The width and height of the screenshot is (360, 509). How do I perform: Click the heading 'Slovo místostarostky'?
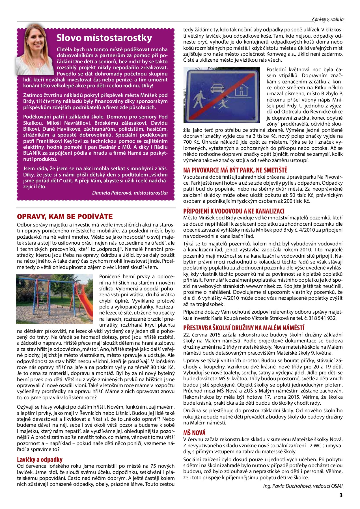coord(104,38)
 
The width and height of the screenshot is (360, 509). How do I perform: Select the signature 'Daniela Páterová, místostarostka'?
coord(130,193)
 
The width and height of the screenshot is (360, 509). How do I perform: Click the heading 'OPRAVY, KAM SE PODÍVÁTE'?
coord(65,217)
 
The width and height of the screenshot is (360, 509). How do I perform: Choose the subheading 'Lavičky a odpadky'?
coord(40,460)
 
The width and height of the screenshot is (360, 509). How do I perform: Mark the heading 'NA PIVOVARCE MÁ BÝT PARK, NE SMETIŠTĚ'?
coord(235,170)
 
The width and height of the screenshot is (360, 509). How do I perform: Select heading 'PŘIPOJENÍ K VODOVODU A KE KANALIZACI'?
coord(234,211)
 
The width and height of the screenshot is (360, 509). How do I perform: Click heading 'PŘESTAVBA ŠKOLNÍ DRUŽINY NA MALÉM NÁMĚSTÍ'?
coord(244,328)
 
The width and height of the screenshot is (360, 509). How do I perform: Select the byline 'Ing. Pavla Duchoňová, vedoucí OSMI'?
coord(303,486)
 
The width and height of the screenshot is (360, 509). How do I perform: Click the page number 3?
coord(341,495)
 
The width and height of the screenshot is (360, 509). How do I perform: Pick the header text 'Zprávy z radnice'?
coord(328,19)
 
